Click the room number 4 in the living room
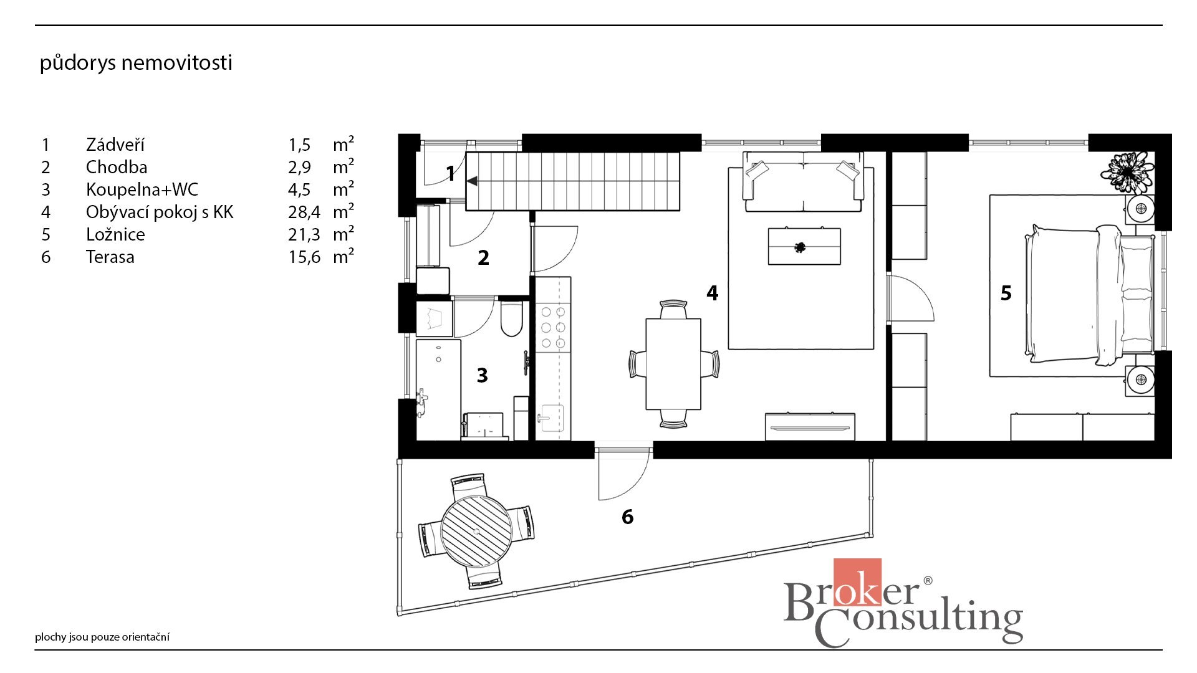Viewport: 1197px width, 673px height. pos(713,293)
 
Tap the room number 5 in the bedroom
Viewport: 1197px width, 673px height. pos(1006,293)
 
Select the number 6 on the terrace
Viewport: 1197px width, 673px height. pos(627,517)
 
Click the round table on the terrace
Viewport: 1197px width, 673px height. pos(476,531)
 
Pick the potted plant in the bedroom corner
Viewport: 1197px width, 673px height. pos(1127,172)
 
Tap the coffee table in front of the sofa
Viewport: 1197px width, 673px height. pos(804,247)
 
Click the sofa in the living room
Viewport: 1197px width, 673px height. pos(804,181)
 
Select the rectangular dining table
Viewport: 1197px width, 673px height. pos(673,364)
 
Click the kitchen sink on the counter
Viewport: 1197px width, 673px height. pos(551,417)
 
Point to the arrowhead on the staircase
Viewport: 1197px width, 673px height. pos(472,181)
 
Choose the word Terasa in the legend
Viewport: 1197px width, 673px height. pos(110,257)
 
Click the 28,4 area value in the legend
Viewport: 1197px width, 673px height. pos(304,212)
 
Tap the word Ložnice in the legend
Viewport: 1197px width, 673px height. pos(115,234)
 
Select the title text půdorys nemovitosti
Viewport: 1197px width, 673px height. pos(136,62)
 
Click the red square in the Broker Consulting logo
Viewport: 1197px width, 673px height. pos(857,582)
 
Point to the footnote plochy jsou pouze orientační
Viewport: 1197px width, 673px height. pos(102,637)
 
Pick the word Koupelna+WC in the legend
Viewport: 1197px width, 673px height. pos(142,189)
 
